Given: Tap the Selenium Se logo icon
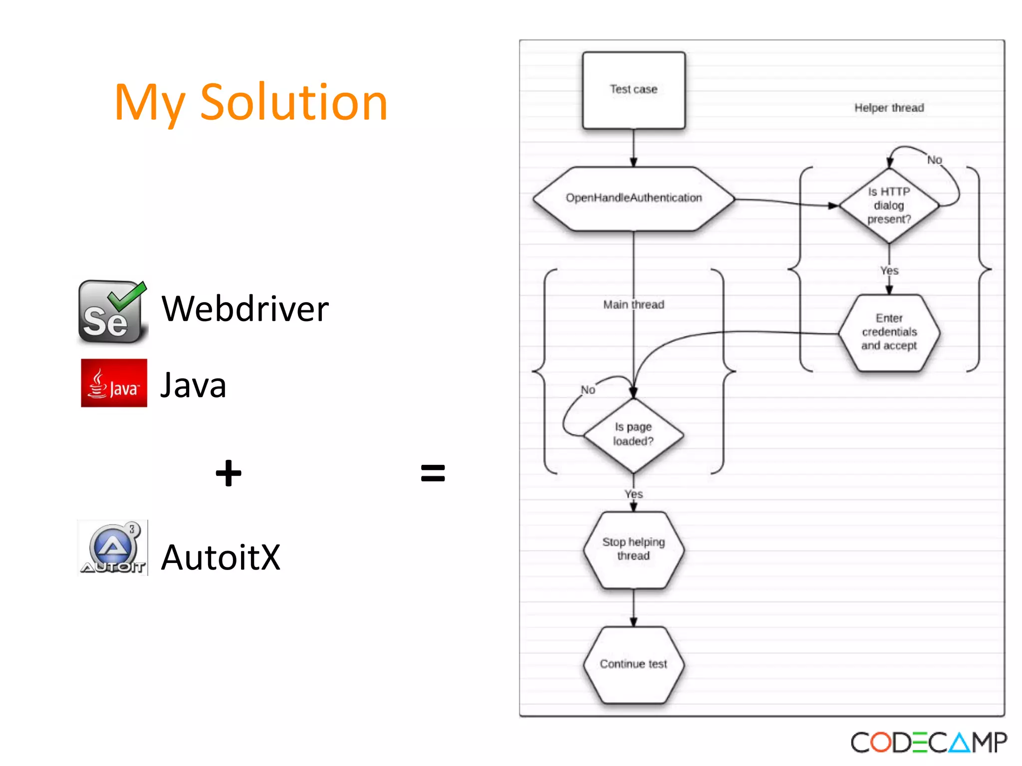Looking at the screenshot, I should pyautogui.click(x=112, y=312).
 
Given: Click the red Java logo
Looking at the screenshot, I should pyautogui.click(x=114, y=383).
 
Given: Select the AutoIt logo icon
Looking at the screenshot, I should pyautogui.click(x=113, y=548).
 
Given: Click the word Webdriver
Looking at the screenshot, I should pyautogui.click(x=245, y=309).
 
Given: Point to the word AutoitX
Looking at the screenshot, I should pyautogui.click(x=221, y=557).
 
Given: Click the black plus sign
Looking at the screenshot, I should pyautogui.click(x=229, y=473).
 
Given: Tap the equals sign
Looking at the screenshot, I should pyautogui.click(x=433, y=473).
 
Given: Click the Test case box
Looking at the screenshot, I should pyautogui.click(x=633, y=90).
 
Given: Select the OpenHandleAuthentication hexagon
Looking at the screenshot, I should pyautogui.click(x=633, y=198).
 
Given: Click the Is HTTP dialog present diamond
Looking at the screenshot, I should pyautogui.click(x=889, y=205).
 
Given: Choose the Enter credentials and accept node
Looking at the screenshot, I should pyautogui.click(x=889, y=332).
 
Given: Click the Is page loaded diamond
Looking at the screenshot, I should pyautogui.click(x=633, y=434).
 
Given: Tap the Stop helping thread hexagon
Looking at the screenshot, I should pyautogui.click(x=633, y=549).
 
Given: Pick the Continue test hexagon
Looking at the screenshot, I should pyautogui.click(x=633, y=664).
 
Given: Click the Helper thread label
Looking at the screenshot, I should pyautogui.click(x=889, y=108).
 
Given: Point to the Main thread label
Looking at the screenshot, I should pyautogui.click(x=633, y=304).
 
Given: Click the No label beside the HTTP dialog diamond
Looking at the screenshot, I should pyautogui.click(x=934, y=160).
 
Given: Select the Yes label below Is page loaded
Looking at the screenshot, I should pyautogui.click(x=633, y=494).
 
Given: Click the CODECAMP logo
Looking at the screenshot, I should pyautogui.click(x=928, y=743).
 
